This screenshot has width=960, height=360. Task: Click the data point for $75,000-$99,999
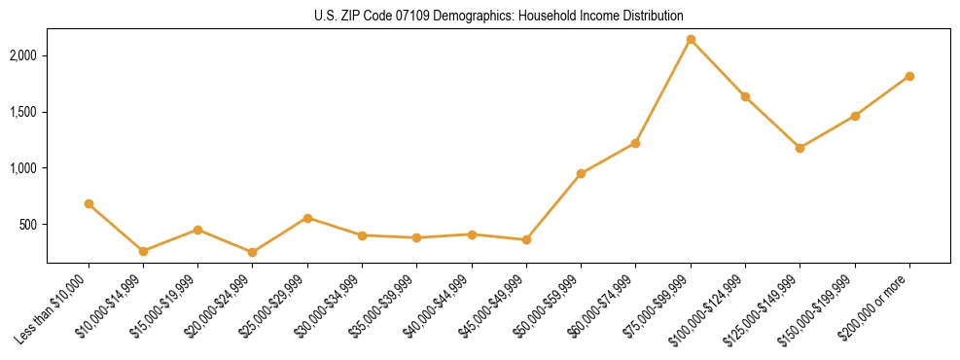click(691, 40)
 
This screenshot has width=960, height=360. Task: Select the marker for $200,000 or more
click(909, 76)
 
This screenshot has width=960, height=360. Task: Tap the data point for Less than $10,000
click(89, 204)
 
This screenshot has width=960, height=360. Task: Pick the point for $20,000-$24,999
click(253, 252)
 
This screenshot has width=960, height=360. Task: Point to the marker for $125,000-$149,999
click(800, 148)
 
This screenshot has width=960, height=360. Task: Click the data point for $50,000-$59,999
click(581, 174)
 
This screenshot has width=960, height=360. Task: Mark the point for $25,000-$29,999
click(307, 218)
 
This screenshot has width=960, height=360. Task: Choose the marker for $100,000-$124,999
click(745, 96)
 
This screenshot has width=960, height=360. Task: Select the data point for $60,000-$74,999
click(635, 143)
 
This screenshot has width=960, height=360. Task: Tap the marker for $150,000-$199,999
click(855, 116)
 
